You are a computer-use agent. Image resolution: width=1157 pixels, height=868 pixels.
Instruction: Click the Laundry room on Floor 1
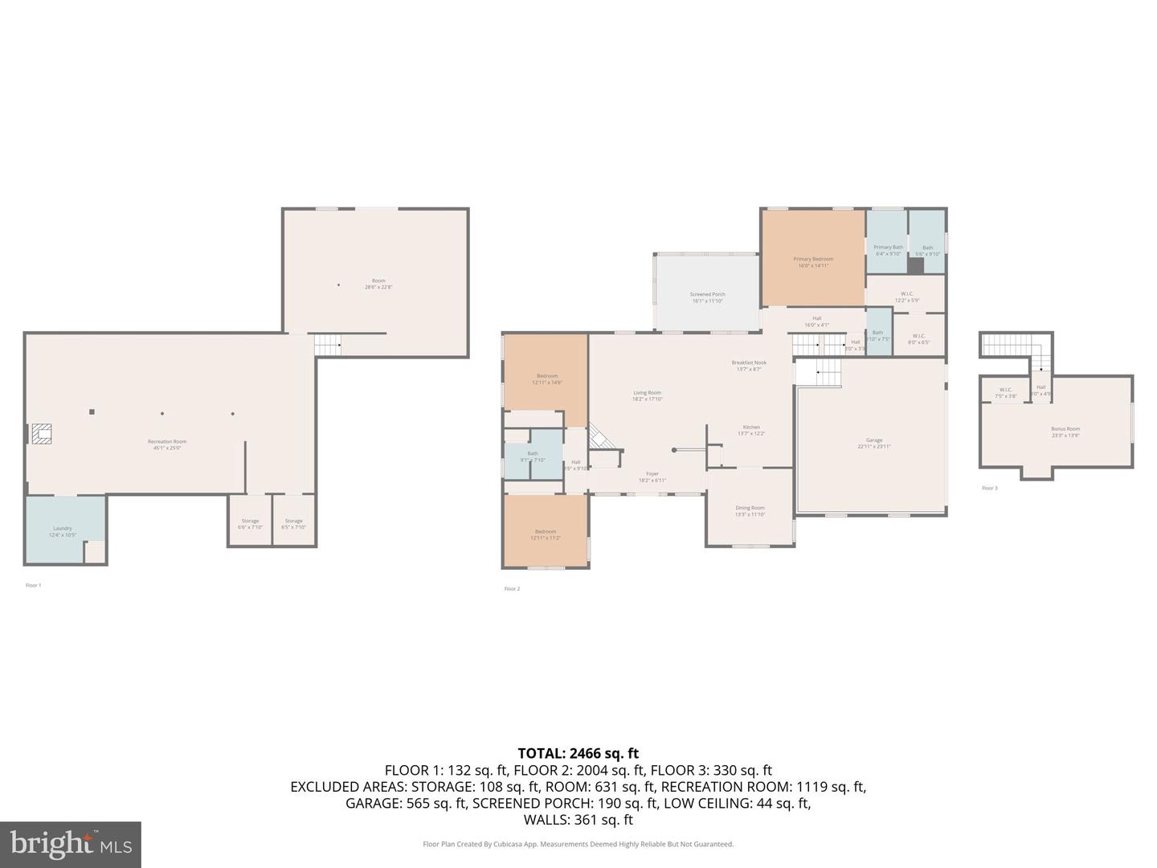(63, 530)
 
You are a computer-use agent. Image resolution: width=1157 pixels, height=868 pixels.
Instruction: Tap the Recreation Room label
(167, 444)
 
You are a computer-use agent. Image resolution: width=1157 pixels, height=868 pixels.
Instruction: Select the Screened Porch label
(707, 297)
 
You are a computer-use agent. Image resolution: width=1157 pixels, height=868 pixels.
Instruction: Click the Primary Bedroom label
(813, 261)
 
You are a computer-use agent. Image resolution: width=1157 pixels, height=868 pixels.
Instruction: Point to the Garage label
(874, 442)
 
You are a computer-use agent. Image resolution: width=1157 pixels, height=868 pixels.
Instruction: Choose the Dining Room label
(750, 510)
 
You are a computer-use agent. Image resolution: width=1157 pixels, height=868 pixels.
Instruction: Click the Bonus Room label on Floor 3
(1065, 431)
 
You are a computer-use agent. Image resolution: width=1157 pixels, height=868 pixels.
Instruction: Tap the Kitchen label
(751, 430)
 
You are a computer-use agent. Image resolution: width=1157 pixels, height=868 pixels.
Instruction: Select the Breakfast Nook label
(749, 365)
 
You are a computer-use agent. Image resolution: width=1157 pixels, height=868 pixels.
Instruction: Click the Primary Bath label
(888, 249)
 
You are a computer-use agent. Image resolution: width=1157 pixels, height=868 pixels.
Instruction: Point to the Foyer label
(652, 477)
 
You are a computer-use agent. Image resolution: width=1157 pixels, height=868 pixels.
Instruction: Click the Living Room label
(647, 395)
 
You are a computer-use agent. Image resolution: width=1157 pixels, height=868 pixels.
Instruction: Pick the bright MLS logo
(71, 844)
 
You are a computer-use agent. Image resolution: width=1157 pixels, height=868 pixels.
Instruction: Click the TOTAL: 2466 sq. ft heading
(578, 753)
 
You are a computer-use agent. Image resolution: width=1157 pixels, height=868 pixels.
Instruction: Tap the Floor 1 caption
(33, 585)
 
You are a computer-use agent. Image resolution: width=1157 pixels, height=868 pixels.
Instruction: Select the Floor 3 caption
(989, 488)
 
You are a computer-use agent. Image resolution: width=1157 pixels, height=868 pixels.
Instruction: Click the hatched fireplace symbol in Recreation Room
(41, 434)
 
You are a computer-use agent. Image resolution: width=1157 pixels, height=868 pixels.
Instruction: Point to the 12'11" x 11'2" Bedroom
(546, 533)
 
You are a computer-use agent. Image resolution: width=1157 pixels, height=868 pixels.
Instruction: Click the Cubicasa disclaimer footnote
(578, 844)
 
